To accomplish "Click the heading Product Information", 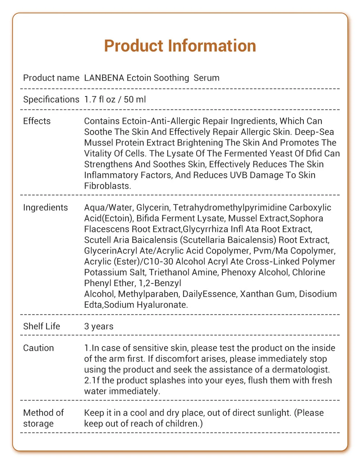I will click(180, 46).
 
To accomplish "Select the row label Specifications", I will click(51, 100).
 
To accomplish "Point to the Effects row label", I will click(37, 121).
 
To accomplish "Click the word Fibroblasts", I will click(107, 186).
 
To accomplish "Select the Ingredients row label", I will click(45, 208).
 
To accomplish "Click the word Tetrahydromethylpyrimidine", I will click(230, 208).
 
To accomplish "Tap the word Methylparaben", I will click(148, 294).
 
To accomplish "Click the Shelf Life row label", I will click(41, 327).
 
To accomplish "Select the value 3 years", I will click(99, 327).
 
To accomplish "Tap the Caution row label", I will click(39, 348).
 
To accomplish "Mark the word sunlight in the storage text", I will click(272, 413).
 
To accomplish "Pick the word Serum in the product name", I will click(207, 78).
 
